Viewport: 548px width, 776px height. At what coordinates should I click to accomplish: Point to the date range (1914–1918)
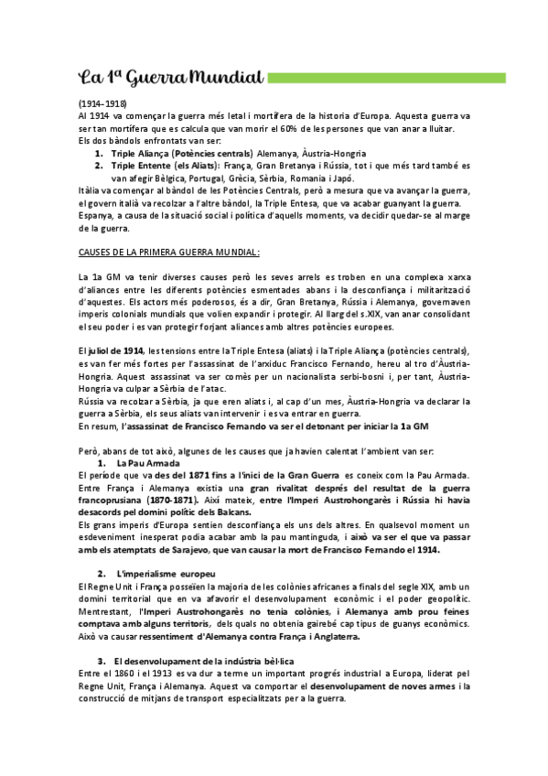point(102,105)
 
